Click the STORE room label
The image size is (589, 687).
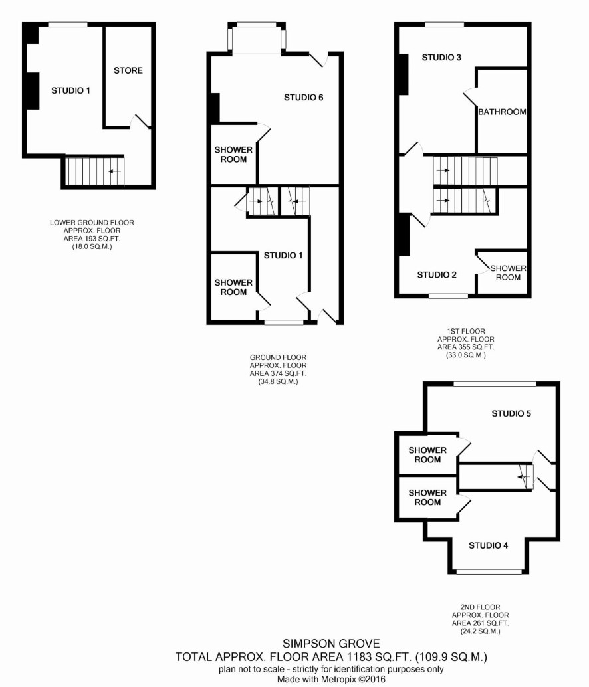point(128,70)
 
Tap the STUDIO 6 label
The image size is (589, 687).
point(303,97)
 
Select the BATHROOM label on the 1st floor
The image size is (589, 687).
point(502,112)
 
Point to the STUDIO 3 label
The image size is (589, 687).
point(441,57)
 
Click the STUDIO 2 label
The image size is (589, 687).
point(437,274)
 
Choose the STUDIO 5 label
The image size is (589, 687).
point(511,413)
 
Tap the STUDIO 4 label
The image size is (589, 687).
point(488,545)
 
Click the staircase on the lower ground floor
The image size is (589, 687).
point(94,171)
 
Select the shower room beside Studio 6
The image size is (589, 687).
point(233,154)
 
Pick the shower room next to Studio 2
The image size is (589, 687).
point(502,272)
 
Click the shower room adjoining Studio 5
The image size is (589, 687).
point(427,454)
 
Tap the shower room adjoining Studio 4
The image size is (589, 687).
point(427,498)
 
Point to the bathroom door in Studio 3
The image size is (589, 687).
point(471,97)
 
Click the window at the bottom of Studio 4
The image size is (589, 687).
point(489,572)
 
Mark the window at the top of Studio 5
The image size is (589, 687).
point(495,384)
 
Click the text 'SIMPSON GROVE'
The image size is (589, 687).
point(331,644)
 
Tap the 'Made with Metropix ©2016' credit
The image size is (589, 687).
point(331,680)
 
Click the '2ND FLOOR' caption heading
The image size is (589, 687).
point(481,607)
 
